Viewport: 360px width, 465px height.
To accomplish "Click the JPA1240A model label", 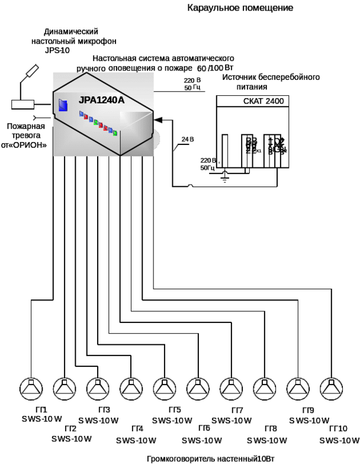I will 101,100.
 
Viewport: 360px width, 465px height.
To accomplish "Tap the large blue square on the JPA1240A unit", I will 63,105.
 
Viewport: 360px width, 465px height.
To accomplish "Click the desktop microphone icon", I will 29,73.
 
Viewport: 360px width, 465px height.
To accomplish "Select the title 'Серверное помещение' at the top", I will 241,8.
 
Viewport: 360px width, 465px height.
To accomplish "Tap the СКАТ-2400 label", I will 263,101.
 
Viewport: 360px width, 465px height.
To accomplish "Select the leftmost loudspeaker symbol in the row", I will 31,389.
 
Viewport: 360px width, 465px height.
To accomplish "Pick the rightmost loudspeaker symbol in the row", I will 332,389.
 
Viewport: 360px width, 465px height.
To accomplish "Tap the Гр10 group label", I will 339,428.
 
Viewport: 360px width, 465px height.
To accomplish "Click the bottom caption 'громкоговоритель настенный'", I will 211,458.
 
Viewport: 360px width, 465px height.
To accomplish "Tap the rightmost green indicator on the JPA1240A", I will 115,133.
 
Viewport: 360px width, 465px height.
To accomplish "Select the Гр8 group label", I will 272,428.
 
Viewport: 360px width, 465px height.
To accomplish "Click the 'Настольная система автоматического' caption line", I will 163,59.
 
